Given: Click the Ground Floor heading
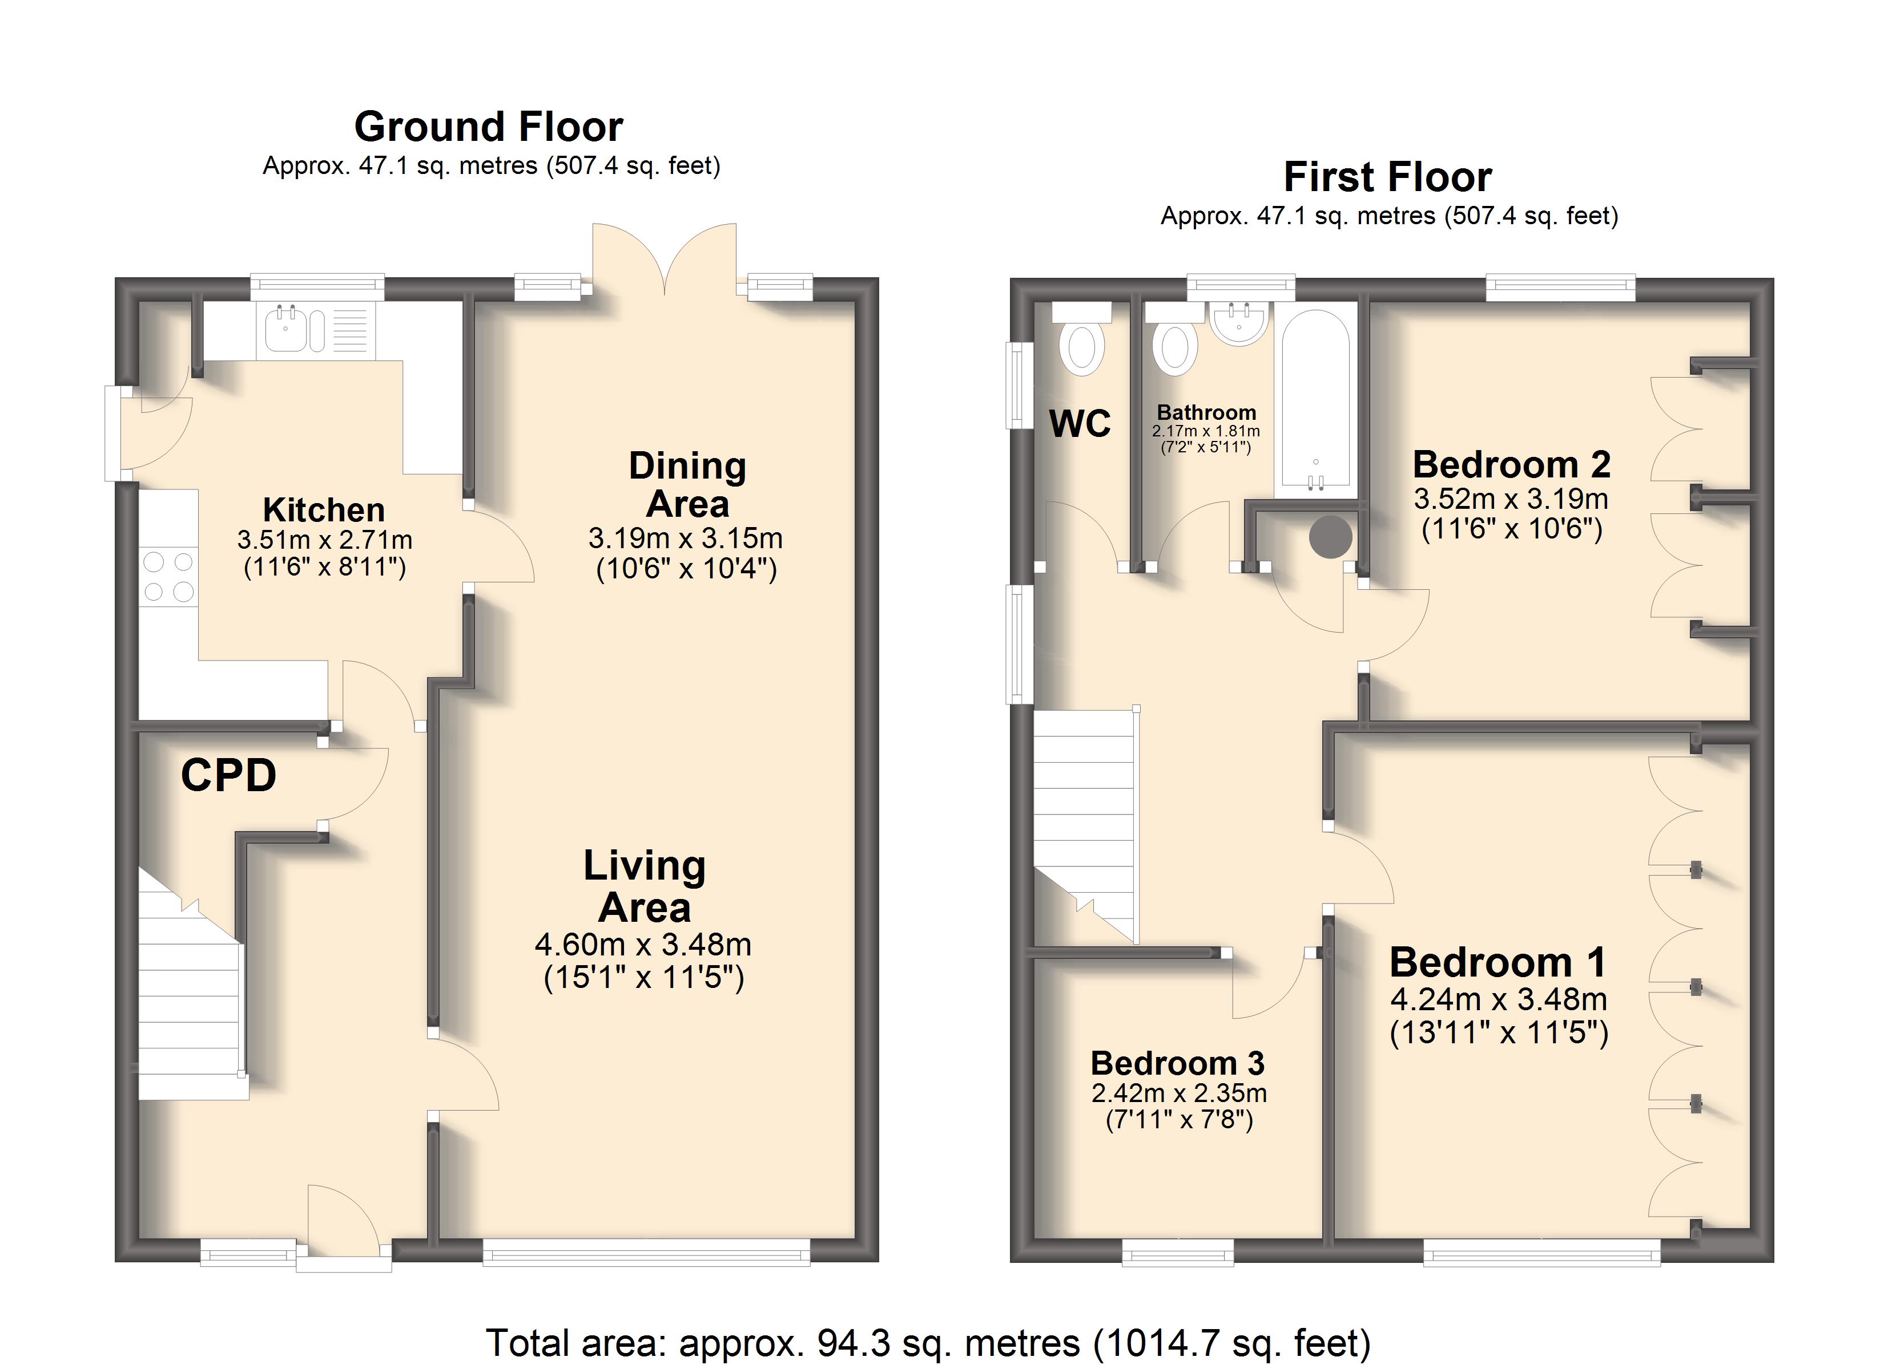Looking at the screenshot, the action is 489,127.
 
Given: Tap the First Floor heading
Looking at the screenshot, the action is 1388,177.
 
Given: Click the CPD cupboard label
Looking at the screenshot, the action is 228,775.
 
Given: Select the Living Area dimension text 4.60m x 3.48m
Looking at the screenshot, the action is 643,944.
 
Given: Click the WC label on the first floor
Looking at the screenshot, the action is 1080,423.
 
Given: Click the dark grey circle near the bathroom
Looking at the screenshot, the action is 1331,536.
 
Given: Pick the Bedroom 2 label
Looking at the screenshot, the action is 1512,464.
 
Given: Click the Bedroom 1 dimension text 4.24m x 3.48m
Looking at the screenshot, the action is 1499,999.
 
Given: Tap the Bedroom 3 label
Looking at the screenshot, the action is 1178,1063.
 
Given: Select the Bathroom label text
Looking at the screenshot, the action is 1206,412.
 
